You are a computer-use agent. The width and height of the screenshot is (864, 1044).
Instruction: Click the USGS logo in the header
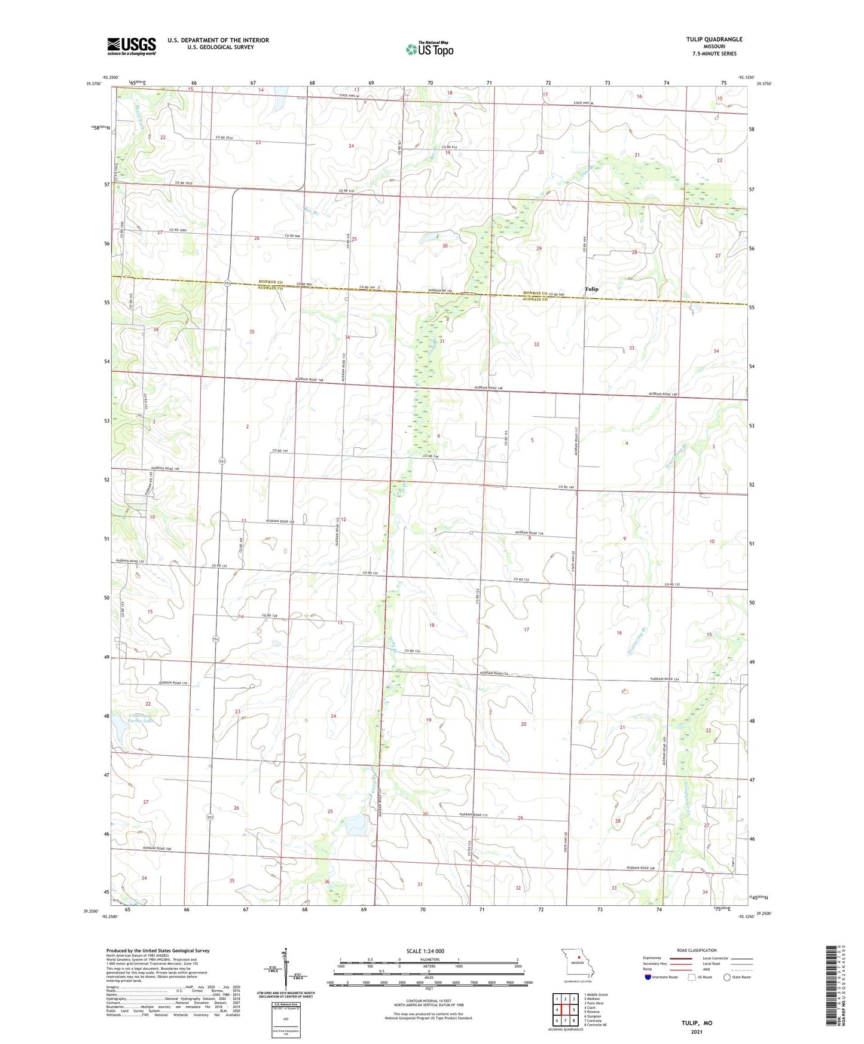(132, 45)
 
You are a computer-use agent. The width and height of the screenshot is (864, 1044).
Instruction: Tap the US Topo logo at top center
(429, 49)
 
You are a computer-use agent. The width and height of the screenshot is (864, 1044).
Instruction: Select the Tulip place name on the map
(591, 289)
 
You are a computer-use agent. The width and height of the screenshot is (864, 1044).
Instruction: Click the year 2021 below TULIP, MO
(696, 1031)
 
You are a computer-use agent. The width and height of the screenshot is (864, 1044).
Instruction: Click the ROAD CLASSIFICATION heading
(697, 950)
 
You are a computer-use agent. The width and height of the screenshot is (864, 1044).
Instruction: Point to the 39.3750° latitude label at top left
(90, 84)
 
